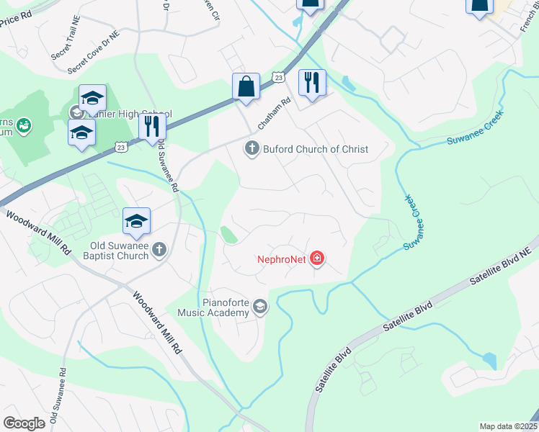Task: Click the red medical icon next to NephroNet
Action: (316, 258)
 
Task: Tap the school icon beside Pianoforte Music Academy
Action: (260, 307)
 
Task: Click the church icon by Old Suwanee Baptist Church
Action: (159, 250)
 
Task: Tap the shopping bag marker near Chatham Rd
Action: (246, 86)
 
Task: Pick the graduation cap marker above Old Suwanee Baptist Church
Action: (136, 221)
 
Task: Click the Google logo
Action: (24, 423)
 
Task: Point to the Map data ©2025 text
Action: (508, 426)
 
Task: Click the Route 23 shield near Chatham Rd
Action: (279, 76)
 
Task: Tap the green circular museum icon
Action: (23, 127)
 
